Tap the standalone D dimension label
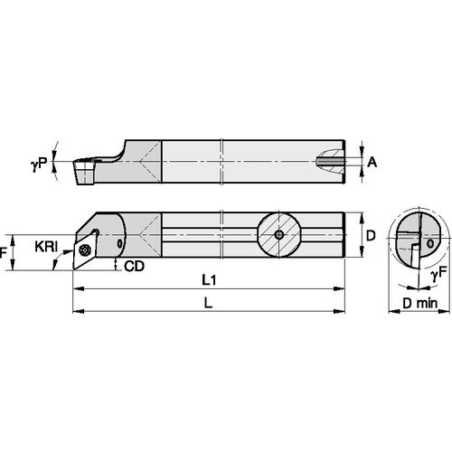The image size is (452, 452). coord(372,233)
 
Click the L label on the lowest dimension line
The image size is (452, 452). coord(208,305)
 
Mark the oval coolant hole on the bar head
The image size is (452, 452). coord(121,243)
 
